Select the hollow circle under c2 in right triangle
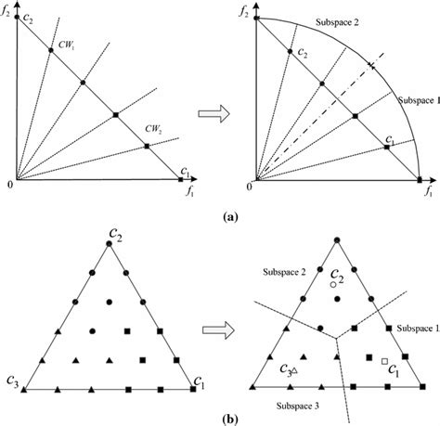pyautogui.click(x=333, y=285)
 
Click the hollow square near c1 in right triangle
pyautogui.click(x=384, y=359)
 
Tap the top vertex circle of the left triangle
pyautogui.click(x=110, y=243)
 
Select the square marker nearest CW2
pyautogui.click(x=147, y=146)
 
